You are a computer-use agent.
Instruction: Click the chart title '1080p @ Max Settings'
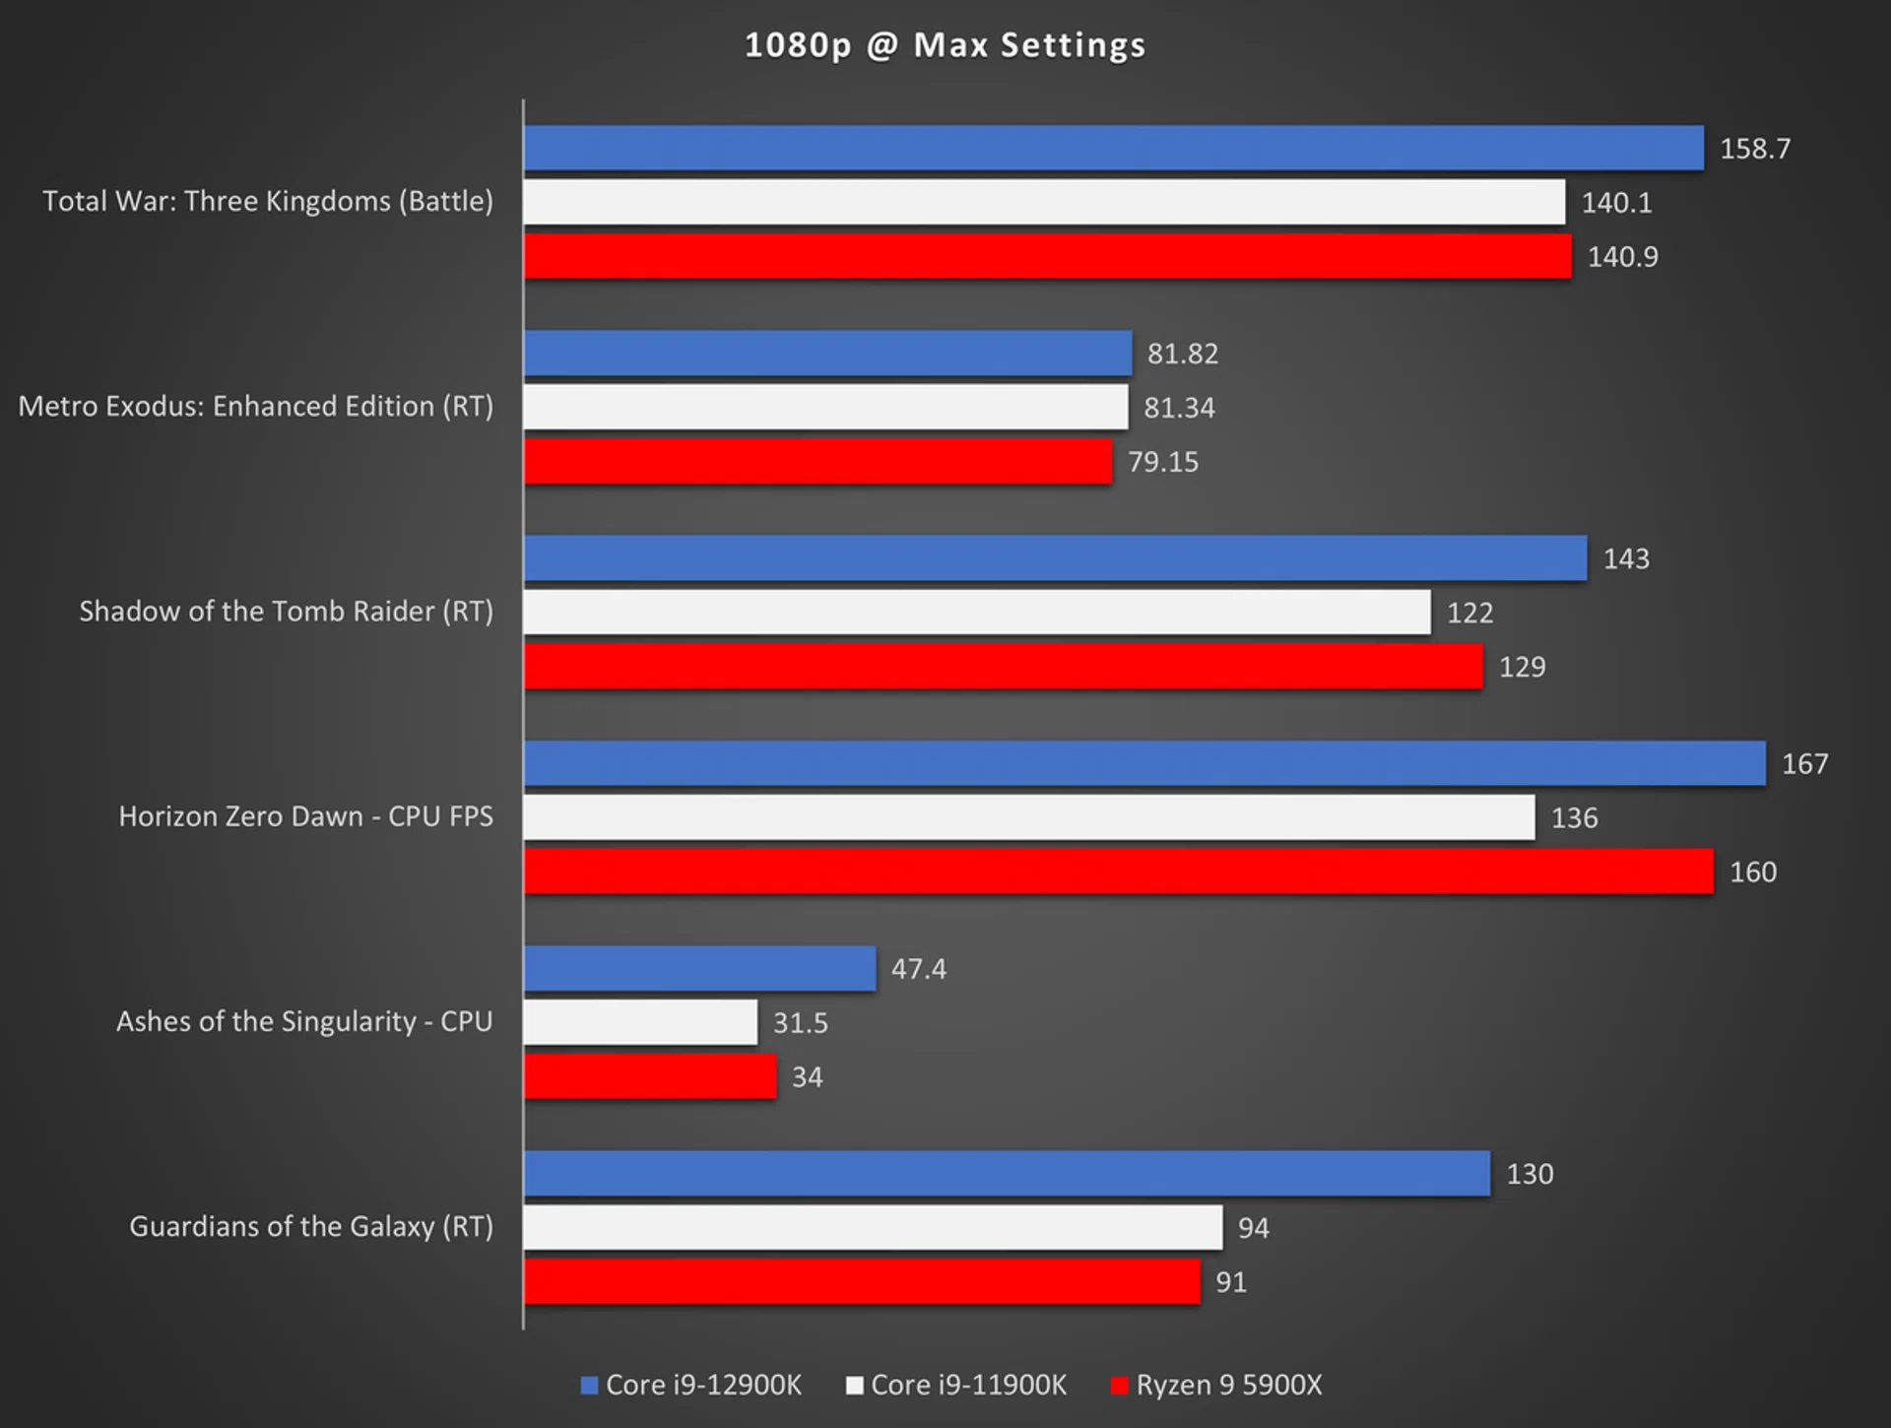(x=945, y=45)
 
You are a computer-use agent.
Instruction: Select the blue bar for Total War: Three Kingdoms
(x=1113, y=148)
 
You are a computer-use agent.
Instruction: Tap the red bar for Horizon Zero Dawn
(x=1118, y=872)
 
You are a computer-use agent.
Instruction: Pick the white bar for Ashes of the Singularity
(x=640, y=1022)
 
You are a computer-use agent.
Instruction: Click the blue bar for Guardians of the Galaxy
(x=1007, y=1174)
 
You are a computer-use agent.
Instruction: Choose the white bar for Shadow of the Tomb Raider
(x=977, y=613)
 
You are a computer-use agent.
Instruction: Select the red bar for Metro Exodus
(x=817, y=462)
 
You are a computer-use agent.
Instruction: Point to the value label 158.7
(x=1755, y=149)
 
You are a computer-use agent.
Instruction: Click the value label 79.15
(x=1163, y=462)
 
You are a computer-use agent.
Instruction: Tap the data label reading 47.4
(x=918, y=969)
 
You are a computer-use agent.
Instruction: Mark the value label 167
(x=1804, y=764)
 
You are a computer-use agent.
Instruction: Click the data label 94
(x=1253, y=1228)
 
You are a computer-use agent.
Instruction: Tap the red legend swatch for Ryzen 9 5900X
(x=1119, y=1386)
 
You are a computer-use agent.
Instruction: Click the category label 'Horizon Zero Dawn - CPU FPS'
(x=305, y=816)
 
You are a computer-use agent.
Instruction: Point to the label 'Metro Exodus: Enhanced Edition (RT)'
(x=255, y=406)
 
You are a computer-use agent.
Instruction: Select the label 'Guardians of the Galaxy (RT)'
(x=310, y=1226)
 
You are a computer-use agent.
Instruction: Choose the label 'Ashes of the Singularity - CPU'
(x=304, y=1021)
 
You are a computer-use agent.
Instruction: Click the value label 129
(x=1522, y=667)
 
